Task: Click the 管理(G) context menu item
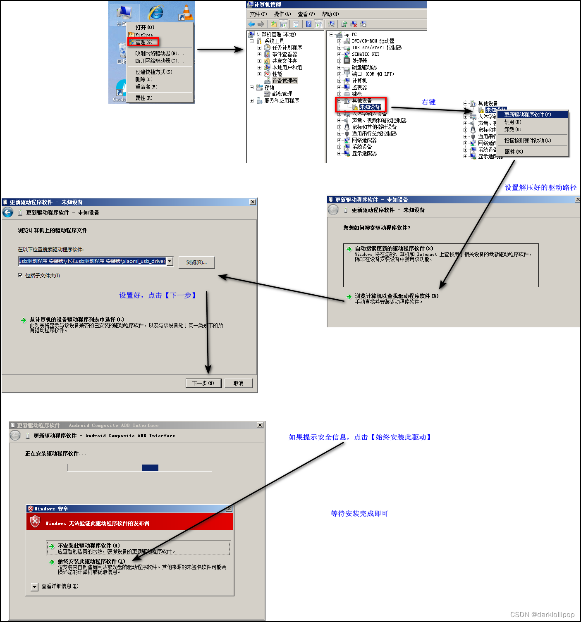coord(143,42)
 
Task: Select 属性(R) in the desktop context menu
coord(143,98)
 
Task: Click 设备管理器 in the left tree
coord(284,81)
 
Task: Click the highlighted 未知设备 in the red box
coord(369,107)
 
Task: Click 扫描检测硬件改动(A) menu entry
coord(527,141)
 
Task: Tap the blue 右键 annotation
coord(428,102)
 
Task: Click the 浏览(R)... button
coord(196,262)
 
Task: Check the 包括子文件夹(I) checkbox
coord(20,275)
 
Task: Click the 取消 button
coord(238,383)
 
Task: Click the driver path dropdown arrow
coord(170,261)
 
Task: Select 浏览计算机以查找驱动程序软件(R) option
coord(396,296)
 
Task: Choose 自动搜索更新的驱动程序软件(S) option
coord(394,248)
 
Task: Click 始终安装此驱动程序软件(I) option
coord(91,561)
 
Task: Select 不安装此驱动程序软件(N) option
coord(88,546)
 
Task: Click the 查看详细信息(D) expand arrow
coord(35,586)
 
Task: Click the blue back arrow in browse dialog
coord(8,212)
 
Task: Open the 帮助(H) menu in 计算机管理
coord(330,14)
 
